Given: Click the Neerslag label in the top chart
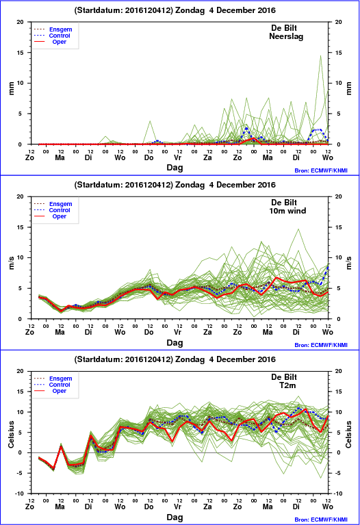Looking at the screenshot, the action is [x=286, y=36].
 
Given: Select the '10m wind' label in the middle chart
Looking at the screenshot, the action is [x=287, y=211].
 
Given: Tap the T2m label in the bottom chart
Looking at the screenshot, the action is [x=287, y=385].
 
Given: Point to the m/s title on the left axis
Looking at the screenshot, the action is [x=11, y=263].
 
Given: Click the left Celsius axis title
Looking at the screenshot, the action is [x=11, y=434].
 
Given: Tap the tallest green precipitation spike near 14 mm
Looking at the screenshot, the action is [x=320, y=56].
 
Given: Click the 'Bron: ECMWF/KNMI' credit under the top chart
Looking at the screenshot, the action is [x=321, y=170].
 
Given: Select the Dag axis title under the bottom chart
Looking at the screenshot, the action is [x=175, y=517].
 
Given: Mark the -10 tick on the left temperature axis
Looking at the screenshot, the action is [x=20, y=494].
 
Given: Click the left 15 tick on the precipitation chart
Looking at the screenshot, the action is [x=21, y=53].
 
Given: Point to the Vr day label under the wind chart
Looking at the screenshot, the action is [x=178, y=332].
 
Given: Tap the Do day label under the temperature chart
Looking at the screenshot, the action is [x=149, y=507].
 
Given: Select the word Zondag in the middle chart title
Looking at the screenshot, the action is [x=190, y=185].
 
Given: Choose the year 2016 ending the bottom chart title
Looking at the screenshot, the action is [x=266, y=359].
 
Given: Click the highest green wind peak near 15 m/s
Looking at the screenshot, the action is [x=298, y=230].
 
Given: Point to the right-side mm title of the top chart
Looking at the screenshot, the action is [x=349, y=88].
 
